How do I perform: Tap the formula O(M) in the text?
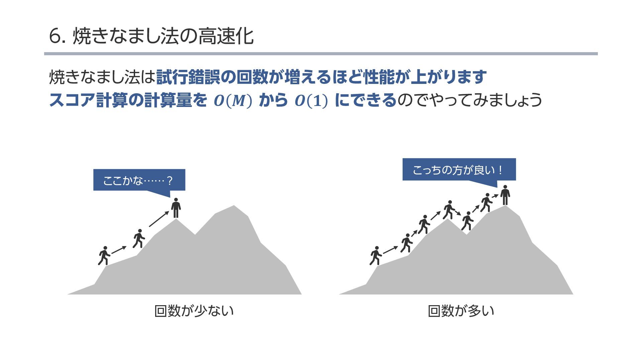(233, 101)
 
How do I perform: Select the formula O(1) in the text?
(311, 101)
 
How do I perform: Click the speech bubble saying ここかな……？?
(139, 180)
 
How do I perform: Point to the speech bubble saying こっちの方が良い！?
(459, 170)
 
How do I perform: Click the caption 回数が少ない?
(194, 311)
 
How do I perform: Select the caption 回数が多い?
(461, 311)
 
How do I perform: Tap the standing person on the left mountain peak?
(176, 208)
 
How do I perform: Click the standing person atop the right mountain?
(505, 195)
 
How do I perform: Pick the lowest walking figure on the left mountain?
(104, 256)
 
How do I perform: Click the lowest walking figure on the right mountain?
(376, 256)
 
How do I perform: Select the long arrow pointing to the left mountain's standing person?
(159, 219)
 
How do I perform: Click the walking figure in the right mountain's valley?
(467, 221)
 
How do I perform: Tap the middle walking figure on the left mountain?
(139, 238)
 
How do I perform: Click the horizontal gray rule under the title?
(321, 54)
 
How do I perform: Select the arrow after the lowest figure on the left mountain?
(119, 250)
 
